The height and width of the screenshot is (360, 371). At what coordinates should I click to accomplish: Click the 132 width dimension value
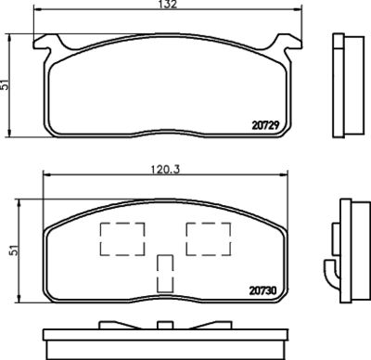pyautogui.click(x=168, y=6)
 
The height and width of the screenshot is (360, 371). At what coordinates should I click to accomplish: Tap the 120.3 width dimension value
pyautogui.click(x=168, y=170)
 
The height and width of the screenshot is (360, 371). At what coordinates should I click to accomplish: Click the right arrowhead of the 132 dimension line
pyautogui.click(x=302, y=12)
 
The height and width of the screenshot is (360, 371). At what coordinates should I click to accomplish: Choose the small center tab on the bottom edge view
pyautogui.click(x=166, y=324)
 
